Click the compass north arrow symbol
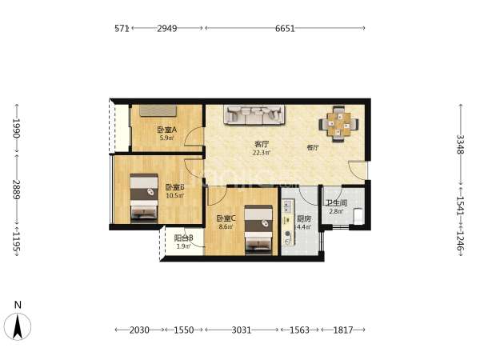pos(18,326)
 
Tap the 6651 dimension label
pos(285,29)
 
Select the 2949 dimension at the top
pos(167,29)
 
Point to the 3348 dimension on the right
pos(460,145)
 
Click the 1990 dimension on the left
pos(16,128)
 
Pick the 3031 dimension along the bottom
pos(242,330)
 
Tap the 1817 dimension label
pos(343,330)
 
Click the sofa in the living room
pos(254,114)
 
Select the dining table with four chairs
pos(338,124)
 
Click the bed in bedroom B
pos(144,198)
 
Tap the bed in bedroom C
pos(258,230)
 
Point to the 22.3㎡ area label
pos(262,153)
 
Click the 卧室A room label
pos(167,130)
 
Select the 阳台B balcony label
pos(183,238)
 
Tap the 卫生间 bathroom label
pos(337,203)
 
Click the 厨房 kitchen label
pos(304,219)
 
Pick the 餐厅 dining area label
pos(313,147)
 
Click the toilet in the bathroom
pos(358,216)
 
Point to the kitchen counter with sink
pos(288,222)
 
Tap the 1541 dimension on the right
pos(460,206)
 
